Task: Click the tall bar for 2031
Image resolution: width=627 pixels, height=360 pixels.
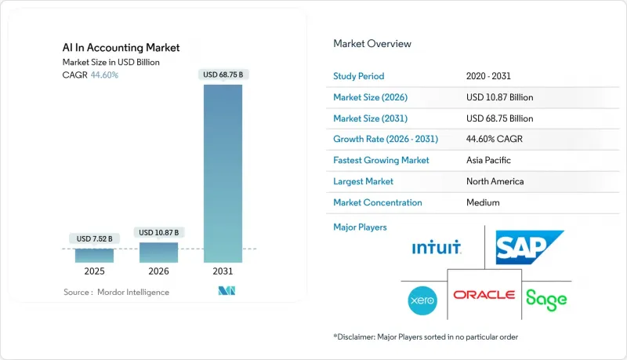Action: [223, 173]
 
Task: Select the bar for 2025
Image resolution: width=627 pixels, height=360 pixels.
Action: [94, 255]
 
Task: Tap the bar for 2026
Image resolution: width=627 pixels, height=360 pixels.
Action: [158, 252]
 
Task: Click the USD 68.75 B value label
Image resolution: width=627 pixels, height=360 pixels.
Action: [223, 75]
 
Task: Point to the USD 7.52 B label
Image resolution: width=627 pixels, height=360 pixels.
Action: [94, 238]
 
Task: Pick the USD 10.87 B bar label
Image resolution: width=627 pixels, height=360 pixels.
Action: [158, 232]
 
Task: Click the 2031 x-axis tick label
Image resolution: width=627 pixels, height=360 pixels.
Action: [223, 271]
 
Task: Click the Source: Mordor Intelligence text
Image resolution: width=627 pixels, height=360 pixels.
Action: [116, 292]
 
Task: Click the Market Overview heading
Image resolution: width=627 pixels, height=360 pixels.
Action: [371, 44]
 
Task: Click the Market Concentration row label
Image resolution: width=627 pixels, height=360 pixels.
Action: [378, 202]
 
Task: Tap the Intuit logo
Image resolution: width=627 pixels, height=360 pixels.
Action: [437, 249]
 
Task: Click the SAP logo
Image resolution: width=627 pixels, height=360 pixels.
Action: [529, 247]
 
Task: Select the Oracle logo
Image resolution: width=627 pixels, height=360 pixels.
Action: [484, 295]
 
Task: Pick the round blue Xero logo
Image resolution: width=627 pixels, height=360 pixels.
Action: [422, 299]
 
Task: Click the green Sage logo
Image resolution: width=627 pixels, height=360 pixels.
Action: [545, 298]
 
